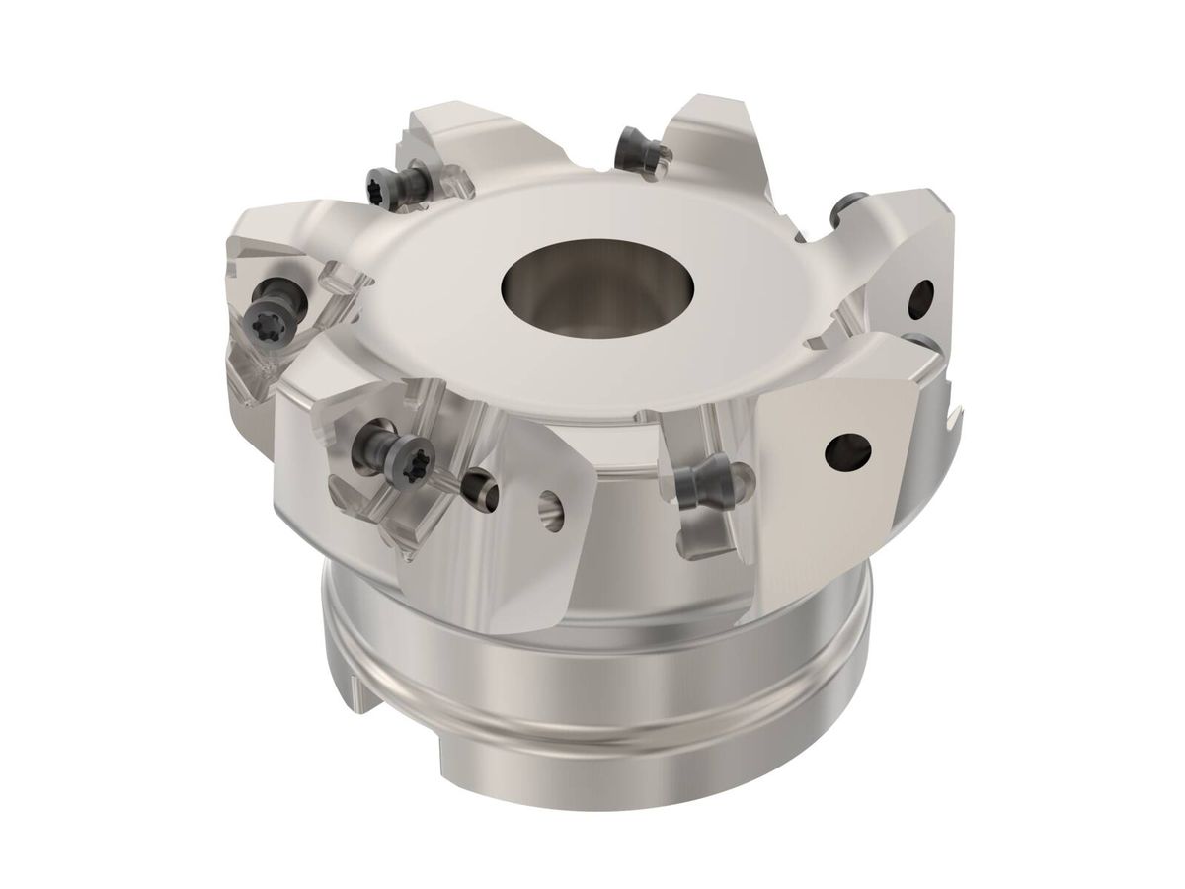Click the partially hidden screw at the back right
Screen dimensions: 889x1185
[841, 209]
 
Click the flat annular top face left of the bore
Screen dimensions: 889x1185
[434, 286]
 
